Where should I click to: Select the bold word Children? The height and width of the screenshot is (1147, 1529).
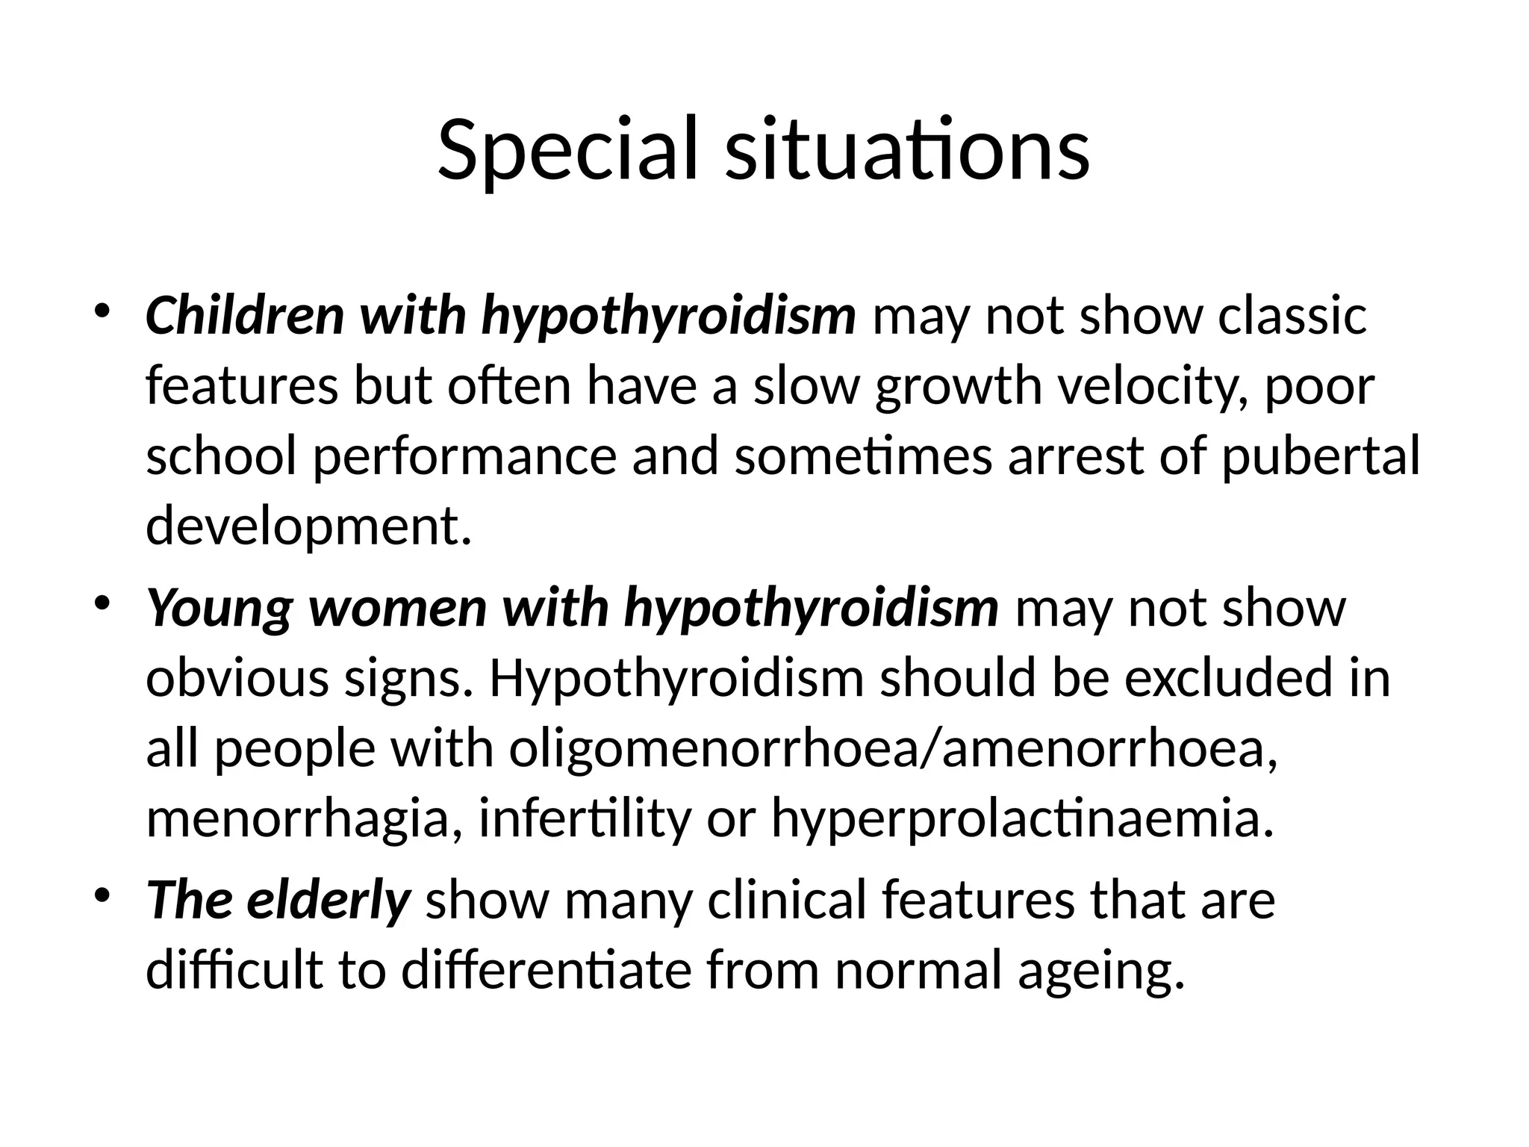click(245, 315)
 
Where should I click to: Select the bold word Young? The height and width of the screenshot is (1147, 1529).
click(218, 608)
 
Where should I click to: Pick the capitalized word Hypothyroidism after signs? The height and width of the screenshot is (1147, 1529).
click(676, 678)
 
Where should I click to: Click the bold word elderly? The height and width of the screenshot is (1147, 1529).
click(328, 900)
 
